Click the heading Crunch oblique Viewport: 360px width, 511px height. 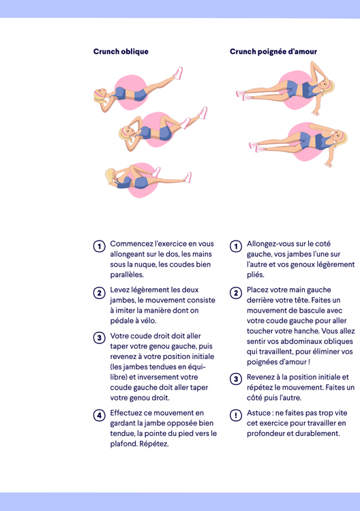pos(121,52)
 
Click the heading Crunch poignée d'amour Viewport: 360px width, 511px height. pos(273,52)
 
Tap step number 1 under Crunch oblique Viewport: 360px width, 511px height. pos(99,246)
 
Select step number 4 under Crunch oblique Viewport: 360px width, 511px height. pos(99,415)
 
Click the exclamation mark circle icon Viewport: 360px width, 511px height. pos(236,415)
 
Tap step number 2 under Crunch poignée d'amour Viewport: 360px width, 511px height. pos(236,292)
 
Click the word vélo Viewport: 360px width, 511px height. pos(149,321)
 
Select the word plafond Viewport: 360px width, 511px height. pos(123,444)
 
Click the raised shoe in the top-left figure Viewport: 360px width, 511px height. pos(178,73)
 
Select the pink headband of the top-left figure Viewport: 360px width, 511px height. pos(98,94)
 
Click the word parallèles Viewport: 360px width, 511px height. pos(127,275)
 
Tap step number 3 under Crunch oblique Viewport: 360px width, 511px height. pos(99,338)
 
